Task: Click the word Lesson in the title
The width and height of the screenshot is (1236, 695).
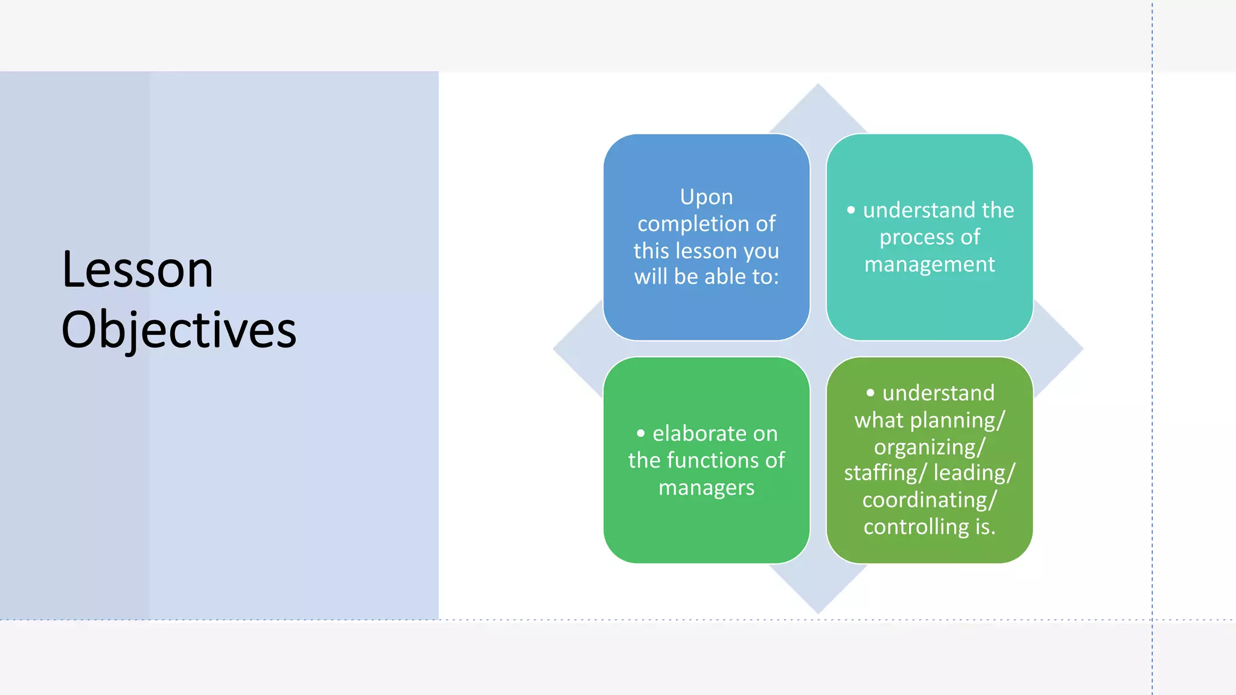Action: pyautogui.click(x=138, y=270)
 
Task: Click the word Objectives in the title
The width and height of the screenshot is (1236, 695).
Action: pyautogui.click(x=179, y=329)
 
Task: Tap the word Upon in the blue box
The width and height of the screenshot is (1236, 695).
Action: pyautogui.click(x=706, y=197)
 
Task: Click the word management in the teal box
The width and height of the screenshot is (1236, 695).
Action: pyautogui.click(x=929, y=264)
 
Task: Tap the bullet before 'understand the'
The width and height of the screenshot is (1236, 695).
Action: pyautogui.click(x=851, y=210)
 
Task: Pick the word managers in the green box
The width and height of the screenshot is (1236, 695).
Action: pyautogui.click(x=706, y=487)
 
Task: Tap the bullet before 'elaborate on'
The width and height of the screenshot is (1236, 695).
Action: pyautogui.click(x=641, y=433)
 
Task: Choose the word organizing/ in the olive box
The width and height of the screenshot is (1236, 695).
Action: pyautogui.click(x=929, y=447)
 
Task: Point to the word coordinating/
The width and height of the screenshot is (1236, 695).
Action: pyautogui.click(x=929, y=500)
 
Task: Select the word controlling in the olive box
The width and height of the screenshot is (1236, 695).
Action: pyautogui.click(x=916, y=527)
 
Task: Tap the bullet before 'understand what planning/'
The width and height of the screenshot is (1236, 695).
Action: pyautogui.click(x=870, y=393)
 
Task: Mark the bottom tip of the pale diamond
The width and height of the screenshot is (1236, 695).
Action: pyautogui.click(x=818, y=612)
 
